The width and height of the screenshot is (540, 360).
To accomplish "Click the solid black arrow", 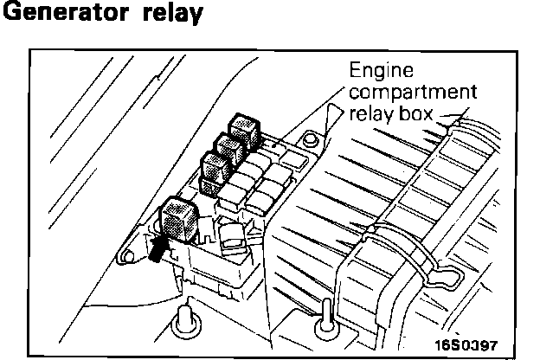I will (x=158, y=248).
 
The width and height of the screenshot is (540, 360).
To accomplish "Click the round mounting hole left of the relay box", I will (x=126, y=256).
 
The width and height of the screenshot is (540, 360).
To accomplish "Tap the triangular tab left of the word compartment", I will (x=327, y=120).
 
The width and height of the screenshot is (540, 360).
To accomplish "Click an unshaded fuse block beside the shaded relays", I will (x=259, y=173).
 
